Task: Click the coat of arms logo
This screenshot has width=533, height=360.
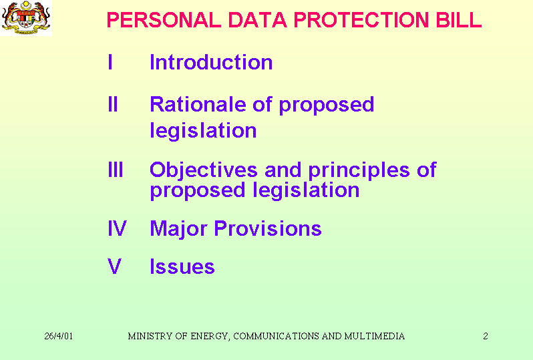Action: click(x=26, y=17)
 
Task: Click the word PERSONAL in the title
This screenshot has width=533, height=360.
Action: click(x=164, y=20)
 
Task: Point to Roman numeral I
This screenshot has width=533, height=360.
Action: click(x=110, y=62)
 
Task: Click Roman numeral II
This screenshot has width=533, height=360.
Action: click(x=113, y=104)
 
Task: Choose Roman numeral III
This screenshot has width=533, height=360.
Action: click(x=116, y=170)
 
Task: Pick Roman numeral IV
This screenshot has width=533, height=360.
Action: click(x=117, y=228)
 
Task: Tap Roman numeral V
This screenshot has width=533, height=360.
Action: click(x=115, y=266)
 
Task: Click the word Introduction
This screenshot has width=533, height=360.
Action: click(x=211, y=62)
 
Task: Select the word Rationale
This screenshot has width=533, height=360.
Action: click(x=198, y=104)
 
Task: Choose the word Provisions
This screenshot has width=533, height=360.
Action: click(x=268, y=228)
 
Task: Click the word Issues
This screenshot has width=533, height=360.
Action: click(x=182, y=266)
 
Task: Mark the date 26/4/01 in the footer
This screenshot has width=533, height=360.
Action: click(x=59, y=336)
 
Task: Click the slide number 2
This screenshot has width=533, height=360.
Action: click(x=486, y=336)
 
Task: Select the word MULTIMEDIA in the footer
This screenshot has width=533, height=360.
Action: click(x=374, y=336)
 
